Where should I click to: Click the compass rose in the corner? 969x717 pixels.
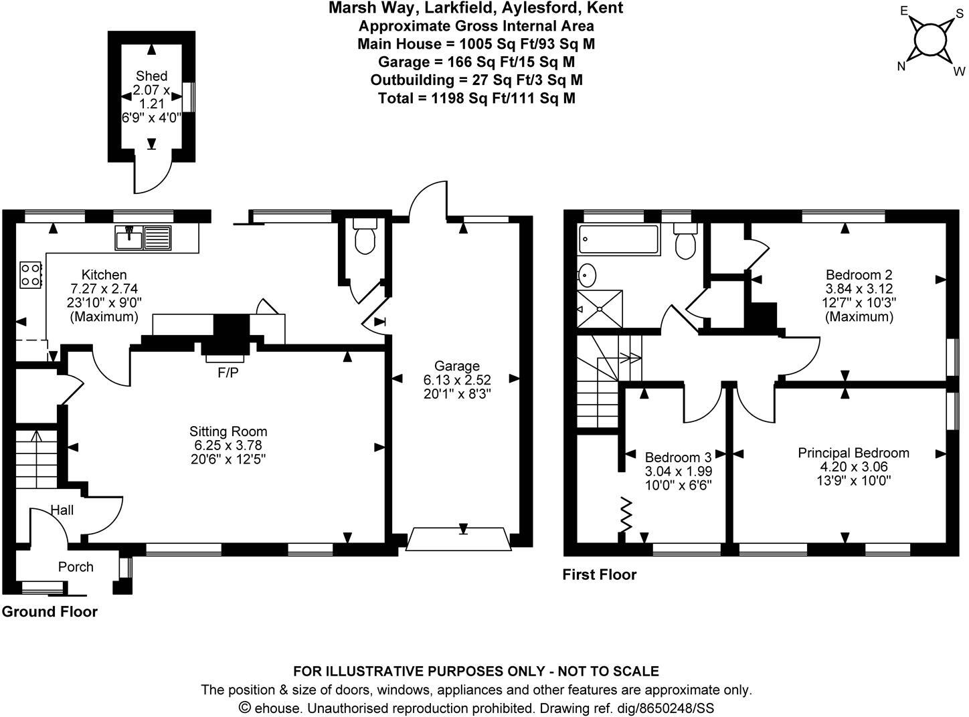(931, 40)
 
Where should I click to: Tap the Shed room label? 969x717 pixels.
(151, 76)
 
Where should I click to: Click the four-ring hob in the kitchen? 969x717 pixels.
(31, 274)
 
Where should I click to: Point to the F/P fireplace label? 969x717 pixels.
(228, 373)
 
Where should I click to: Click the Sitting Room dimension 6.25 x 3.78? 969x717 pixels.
(228, 445)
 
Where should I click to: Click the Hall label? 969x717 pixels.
(62, 510)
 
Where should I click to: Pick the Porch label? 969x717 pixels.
(76, 567)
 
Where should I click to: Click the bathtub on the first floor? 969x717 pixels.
(619, 238)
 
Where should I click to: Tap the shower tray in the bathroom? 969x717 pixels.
(600, 309)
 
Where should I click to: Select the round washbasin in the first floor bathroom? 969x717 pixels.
(587, 274)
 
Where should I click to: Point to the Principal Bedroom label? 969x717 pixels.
(853, 453)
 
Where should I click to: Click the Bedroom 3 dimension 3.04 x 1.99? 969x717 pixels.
(677, 471)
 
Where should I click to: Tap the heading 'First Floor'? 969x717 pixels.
(600, 574)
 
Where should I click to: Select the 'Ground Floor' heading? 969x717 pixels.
(50, 611)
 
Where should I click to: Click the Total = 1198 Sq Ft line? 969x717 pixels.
(476, 98)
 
